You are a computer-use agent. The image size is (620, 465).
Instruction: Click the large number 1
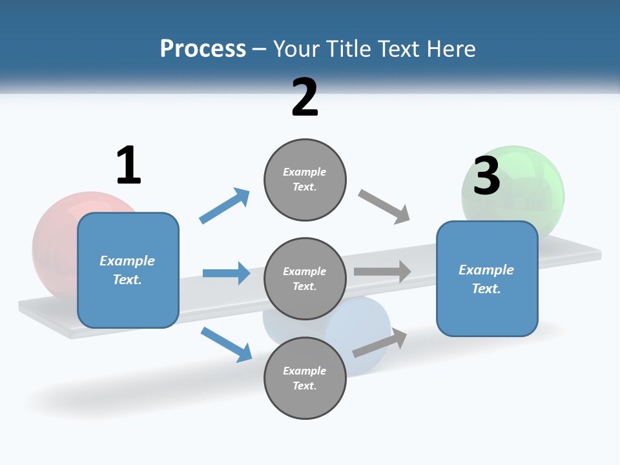click(129, 165)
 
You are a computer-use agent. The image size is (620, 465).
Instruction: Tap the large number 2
click(305, 98)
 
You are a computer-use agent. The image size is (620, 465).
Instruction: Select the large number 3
click(487, 176)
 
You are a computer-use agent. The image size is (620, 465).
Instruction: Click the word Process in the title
click(203, 48)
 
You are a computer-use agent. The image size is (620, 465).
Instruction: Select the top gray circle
click(305, 180)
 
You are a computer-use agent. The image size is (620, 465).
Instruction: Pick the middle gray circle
click(305, 278)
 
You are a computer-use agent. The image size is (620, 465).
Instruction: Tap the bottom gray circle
click(305, 378)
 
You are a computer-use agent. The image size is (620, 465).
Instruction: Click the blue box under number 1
click(128, 270)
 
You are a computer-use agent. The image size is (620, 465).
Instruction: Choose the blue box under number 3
click(487, 278)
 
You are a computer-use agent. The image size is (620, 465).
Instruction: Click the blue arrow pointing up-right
click(225, 205)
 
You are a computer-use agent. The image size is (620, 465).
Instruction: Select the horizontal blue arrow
click(226, 273)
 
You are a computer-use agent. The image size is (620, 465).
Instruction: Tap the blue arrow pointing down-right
click(226, 344)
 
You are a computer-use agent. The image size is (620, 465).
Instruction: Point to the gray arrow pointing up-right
click(380, 342)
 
